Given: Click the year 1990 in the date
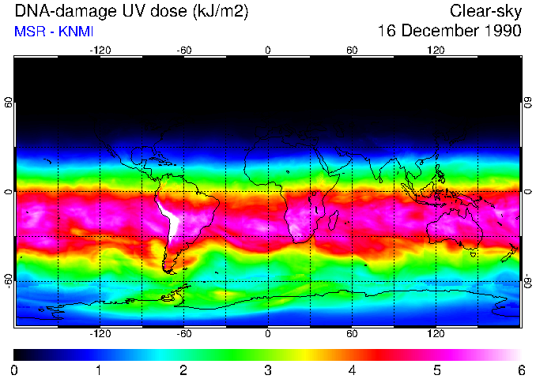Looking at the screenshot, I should (499, 32).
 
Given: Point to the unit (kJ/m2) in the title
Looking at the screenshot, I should (216, 11).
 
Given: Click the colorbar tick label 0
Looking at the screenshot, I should (15, 370).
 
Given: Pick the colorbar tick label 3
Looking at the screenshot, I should (268, 370).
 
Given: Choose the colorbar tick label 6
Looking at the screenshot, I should (520, 370).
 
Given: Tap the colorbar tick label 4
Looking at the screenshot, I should (352, 370).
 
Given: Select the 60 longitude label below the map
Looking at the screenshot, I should (352, 333).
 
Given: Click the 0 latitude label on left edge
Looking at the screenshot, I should (9, 192).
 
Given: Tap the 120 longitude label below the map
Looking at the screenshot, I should (436, 333).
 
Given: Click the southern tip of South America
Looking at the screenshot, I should (168, 270).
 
